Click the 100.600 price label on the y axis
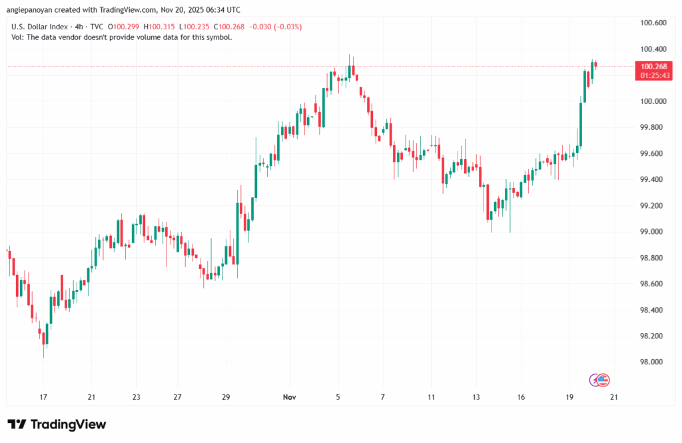click(x=653, y=23)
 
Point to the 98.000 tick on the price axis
click(x=653, y=362)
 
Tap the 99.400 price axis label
click(x=653, y=180)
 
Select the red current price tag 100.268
click(x=653, y=67)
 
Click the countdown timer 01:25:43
click(x=653, y=75)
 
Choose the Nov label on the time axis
click(x=289, y=397)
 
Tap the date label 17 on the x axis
click(x=44, y=397)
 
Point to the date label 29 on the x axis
click(x=226, y=397)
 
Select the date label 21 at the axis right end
click(x=613, y=397)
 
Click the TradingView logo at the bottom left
click(x=57, y=424)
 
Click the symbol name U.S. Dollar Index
click(x=39, y=27)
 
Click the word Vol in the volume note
click(x=17, y=37)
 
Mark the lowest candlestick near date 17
click(x=45, y=340)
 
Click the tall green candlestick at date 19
click(x=581, y=123)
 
